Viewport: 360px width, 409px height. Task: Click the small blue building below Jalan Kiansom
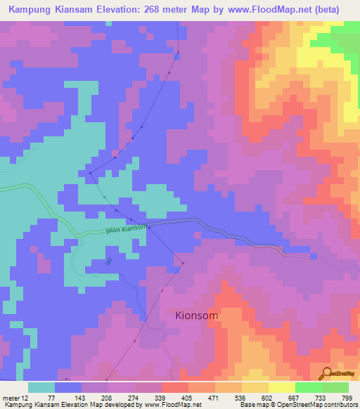108,261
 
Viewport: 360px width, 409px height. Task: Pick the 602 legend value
268,397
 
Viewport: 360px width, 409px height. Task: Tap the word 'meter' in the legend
11,397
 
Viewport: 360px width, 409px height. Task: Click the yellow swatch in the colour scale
281,387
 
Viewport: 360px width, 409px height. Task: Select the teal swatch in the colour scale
41,387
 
